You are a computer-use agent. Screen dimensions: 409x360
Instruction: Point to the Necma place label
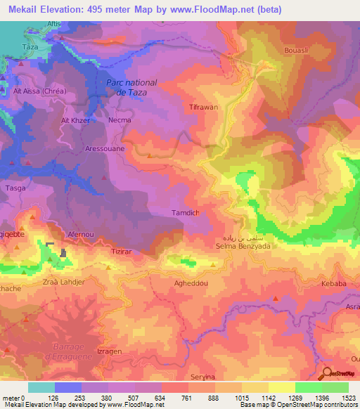pos(120,119)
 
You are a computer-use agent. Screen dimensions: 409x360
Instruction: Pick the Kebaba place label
pos(334,283)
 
